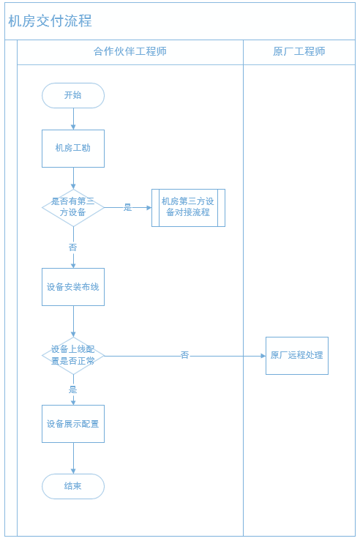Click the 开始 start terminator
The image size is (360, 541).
click(73, 96)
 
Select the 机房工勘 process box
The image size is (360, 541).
click(73, 149)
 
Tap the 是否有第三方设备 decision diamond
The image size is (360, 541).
click(73, 208)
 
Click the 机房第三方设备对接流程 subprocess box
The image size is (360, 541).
click(188, 208)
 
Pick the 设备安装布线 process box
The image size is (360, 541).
click(73, 287)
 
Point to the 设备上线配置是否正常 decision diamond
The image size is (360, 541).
click(73, 356)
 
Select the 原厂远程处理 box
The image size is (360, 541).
click(297, 356)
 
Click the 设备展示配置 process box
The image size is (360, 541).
click(73, 424)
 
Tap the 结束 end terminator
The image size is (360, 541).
click(73, 487)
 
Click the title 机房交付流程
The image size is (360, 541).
click(50, 21)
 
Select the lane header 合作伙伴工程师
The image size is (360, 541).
click(130, 52)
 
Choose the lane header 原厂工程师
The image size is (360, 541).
click(299, 52)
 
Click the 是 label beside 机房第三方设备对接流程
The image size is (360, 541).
click(128, 207)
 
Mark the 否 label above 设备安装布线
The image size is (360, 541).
click(72, 247)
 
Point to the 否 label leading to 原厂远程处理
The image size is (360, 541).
click(185, 354)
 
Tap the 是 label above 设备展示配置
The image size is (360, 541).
click(72, 389)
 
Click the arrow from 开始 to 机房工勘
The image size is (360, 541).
click(73, 119)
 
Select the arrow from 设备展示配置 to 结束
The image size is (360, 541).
click(73, 458)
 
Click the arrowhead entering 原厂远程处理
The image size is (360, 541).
click(263, 356)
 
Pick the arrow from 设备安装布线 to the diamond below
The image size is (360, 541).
click(73, 321)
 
